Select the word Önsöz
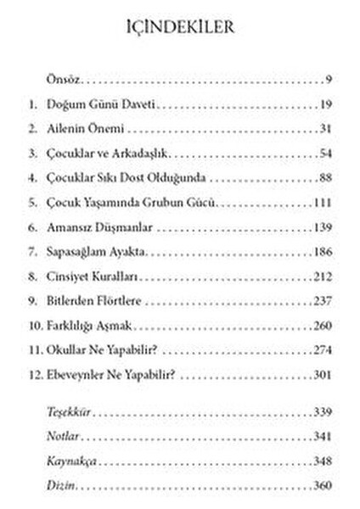coord(62,81)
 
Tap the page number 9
coord(327,81)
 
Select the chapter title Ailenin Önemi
coord(87,130)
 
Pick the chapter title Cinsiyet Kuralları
coord(93,278)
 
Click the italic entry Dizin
coord(61,485)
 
